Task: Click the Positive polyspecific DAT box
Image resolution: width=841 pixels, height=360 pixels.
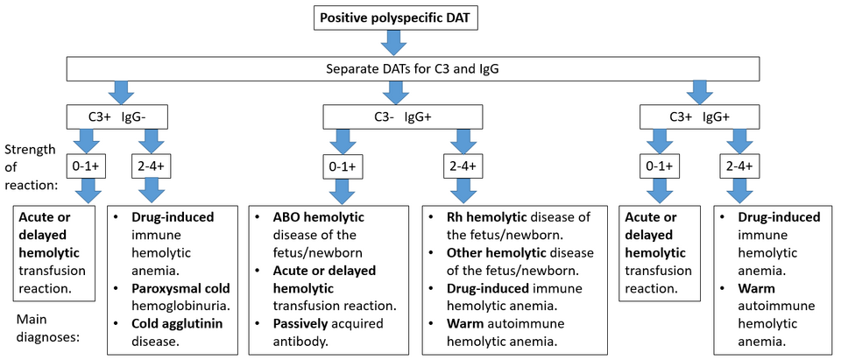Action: point(395,18)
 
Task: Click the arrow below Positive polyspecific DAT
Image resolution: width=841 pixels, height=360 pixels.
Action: point(394,42)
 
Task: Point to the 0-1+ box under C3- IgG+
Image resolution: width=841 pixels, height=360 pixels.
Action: point(343,166)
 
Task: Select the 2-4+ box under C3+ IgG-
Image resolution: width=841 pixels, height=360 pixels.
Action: point(152,166)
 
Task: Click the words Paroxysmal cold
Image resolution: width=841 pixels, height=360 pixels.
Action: point(180,289)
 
